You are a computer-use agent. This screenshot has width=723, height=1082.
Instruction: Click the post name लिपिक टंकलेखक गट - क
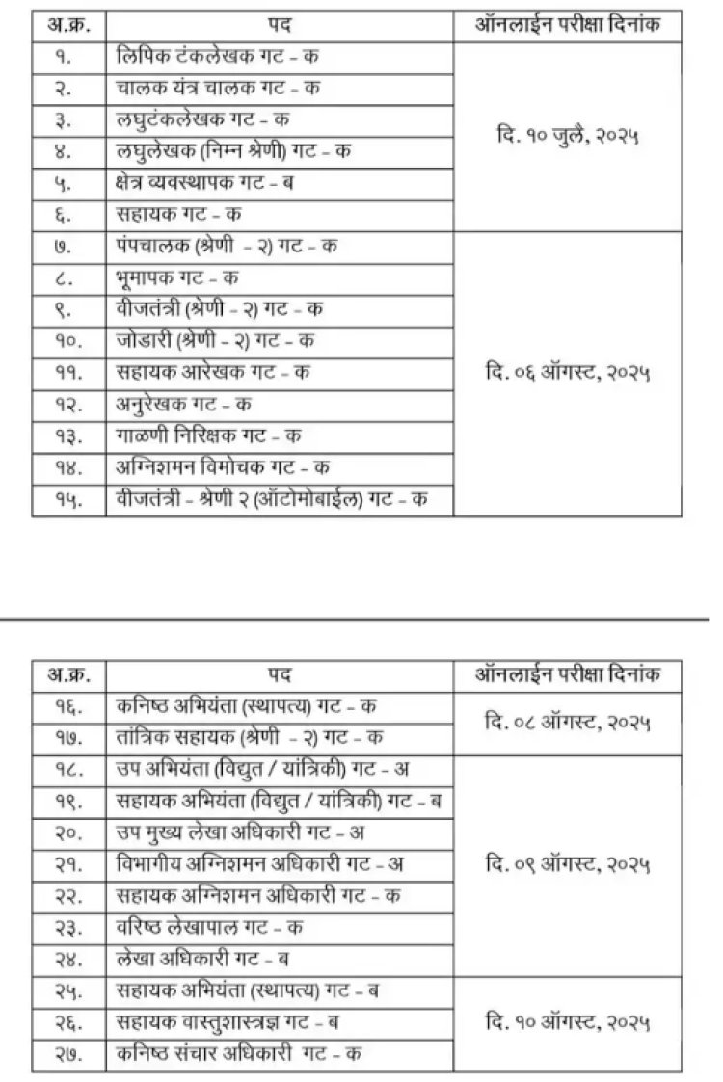coord(217,57)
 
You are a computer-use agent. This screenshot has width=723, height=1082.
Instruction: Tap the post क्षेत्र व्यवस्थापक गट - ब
coord(203,183)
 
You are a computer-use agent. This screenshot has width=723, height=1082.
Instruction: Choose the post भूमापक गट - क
coord(175,277)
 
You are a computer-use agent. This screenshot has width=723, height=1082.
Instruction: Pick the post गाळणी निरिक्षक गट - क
coord(206,435)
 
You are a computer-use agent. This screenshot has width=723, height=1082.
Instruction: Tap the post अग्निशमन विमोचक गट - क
coord(221,467)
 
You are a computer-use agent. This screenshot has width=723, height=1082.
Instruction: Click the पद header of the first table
coord(280,21)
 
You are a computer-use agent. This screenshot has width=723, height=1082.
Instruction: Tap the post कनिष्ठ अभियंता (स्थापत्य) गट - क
coord(245,705)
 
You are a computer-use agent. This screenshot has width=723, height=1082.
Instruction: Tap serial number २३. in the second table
coord(67,927)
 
